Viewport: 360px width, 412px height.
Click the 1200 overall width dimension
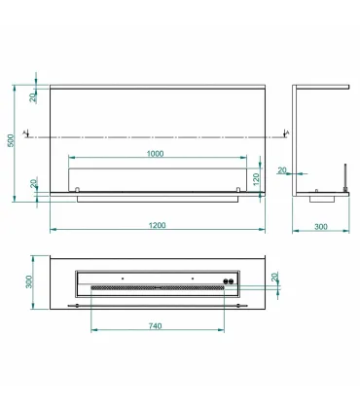(158, 225)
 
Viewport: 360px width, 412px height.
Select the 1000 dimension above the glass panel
(156, 154)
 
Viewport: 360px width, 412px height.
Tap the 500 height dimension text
(11, 140)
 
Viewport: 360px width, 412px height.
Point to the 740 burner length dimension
(155, 325)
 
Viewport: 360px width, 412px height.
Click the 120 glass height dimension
(256, 180)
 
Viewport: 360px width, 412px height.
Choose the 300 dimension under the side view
(321, 227)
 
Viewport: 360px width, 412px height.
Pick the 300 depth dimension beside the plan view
(29, 281)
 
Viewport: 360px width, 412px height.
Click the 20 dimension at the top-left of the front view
(33, 97)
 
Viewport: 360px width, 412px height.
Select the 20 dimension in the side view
(282, 170)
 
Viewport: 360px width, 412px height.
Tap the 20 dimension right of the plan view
(274, 278)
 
